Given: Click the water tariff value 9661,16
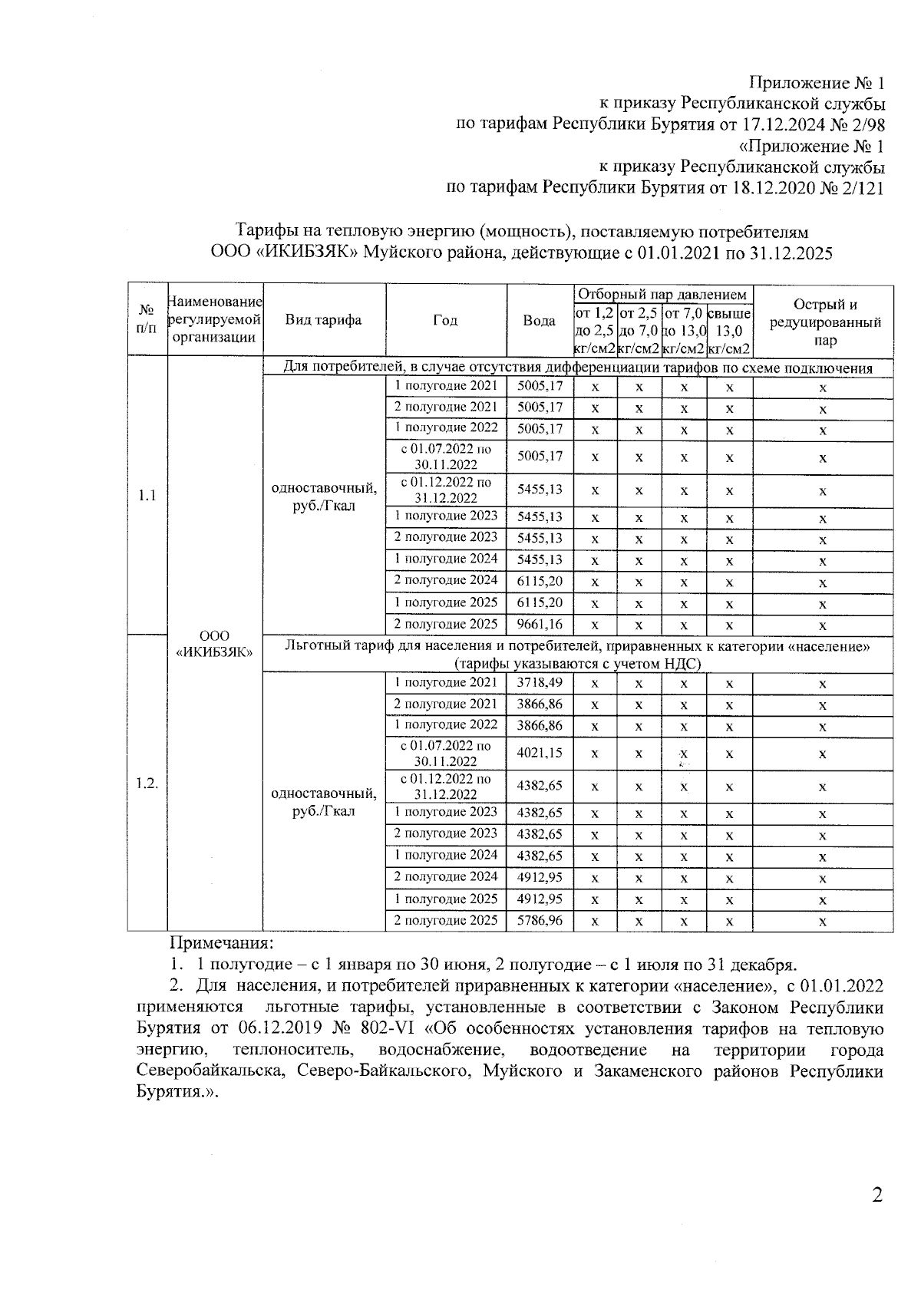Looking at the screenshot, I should [x=540, y=625].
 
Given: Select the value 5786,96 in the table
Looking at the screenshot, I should [x=540, y=920].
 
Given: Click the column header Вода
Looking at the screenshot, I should [x=540, y=321].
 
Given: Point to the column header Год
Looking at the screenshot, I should [x=445, y=321].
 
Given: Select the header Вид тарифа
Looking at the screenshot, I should [x=323, y=321].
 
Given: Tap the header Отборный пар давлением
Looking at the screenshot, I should [x=662, y=295].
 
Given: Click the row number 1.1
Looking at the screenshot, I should [x=147, y=496].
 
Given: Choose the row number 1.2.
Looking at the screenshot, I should [x=147, y=783].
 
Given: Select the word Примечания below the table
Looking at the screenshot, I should [x=221, y=942].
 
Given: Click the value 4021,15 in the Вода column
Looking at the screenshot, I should [x=540, y=754].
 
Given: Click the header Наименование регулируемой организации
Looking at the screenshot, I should [x=214, y=321].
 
